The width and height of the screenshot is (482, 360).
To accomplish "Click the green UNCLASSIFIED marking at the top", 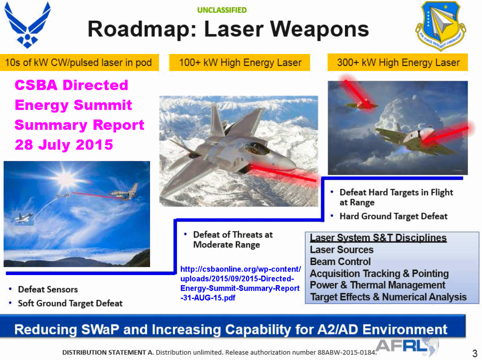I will pos(222,10).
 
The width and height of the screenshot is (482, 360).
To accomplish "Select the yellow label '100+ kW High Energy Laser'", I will pos(240,62).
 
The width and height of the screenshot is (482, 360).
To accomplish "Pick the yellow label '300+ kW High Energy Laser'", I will pos(398,62).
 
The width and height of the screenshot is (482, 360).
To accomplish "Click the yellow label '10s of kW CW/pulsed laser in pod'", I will pos(78,62).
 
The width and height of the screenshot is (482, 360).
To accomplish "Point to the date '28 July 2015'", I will pos(64,145).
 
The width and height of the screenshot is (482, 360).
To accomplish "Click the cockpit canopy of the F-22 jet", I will pos(257,148).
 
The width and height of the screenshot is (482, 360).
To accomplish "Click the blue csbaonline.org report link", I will pos(240,283).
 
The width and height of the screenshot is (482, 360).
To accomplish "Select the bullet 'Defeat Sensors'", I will pos(48,289).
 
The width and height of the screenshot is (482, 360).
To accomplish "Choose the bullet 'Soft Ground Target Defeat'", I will pos(70,303).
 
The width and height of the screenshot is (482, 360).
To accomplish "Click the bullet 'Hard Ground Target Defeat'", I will pos(393,216).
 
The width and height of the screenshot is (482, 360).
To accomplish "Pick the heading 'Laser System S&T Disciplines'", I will pos(378,238).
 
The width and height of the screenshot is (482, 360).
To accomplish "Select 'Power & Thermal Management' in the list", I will pos(377,285).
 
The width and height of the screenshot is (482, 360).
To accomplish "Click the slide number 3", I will pos(475,353).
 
